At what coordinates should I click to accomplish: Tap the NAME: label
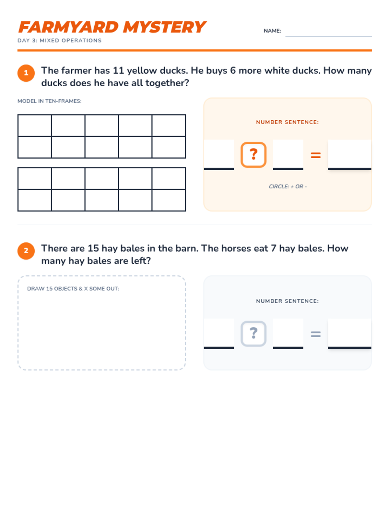pyautogui.click(x=272, y=31)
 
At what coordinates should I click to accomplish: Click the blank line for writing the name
pyautogui.click(x=328, y=36)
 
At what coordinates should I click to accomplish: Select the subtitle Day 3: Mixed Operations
pyautogui.click(x=60, y=41)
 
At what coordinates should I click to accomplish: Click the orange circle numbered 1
pyautogui.click(x=26, y=73)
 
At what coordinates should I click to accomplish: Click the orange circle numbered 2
pyautogui.click(x=26, y=251)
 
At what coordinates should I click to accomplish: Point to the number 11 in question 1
pyautogui.click(x=118, y=70)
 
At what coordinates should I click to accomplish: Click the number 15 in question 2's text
pyautogui.click(x=93, y=248)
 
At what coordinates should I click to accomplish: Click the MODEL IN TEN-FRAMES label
pyautogui.click(x=49, y=101)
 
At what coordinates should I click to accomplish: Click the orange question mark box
pyautogui.click(x=253, y=155)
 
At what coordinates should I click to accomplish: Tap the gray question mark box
pyautogui.click(x=253, y=333)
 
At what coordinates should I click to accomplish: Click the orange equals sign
pyautogui.click(x=315, y=155)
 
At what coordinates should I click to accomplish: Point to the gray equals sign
pyautogui.click(x=315, y=334)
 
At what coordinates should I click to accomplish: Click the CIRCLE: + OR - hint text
pyautogui.click(x=288, y=186)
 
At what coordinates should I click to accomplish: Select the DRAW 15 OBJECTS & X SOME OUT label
pyautogui.click(x=73, y=288)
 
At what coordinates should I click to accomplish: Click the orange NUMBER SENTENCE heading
pyautogui.click(x=288, y=122)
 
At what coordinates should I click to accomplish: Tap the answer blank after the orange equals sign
pyautogui.click(x=349, y=155)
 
